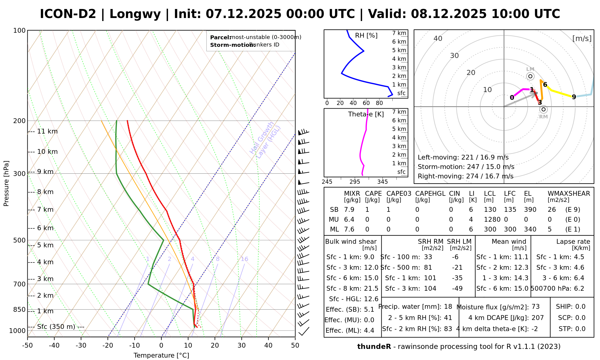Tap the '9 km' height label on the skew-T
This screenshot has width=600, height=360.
(x=45, y=172)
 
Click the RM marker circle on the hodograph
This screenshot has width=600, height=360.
(x=543, y=109)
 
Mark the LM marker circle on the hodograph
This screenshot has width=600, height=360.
(x=530, y=76)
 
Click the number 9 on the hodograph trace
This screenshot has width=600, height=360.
(x=574, y=97)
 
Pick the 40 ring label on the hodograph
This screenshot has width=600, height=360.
(x=438, y=38)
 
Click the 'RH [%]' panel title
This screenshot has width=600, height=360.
(x=366, y=36)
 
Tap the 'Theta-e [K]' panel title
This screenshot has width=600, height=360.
(x=366, y=114)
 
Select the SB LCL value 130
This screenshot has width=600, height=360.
(x=490, y=210)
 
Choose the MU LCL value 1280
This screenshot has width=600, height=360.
(x=492, y=220)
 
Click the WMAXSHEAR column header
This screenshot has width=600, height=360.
(x=569, y=194)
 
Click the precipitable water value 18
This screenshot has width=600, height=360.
(x=448, y=307)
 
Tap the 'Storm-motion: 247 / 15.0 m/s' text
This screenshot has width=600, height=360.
(x=466, y=167)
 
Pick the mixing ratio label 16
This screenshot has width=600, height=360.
(x=244, y=259)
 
